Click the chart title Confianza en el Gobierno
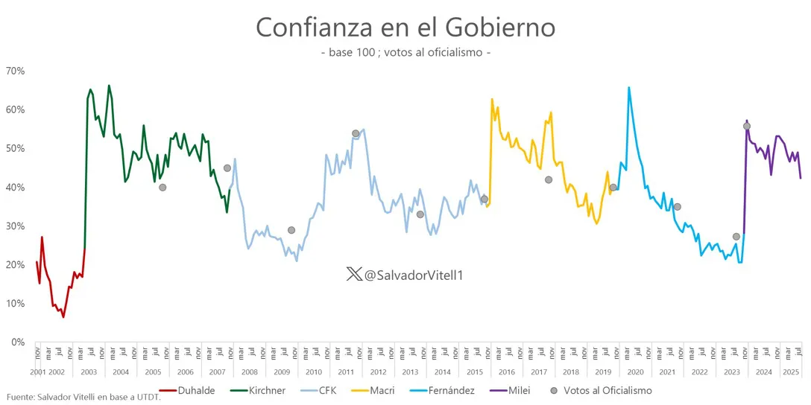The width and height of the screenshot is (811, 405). (x=405, y=28)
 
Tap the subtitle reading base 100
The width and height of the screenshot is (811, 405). (x=405, y=53)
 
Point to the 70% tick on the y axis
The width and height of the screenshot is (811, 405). (x=16, y=71)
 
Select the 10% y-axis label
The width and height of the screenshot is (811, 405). (x=16, y=304)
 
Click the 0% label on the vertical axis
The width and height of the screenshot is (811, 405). (x=18, y=342)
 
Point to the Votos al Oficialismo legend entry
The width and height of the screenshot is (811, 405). (x=608, y=390)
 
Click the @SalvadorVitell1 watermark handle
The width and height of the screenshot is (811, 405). (x=414, y=275)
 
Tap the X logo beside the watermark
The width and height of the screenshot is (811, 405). (x=354, y=275)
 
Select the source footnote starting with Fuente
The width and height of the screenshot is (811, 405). (x=83, y=397)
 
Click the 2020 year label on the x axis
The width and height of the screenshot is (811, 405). (x=636, y=371)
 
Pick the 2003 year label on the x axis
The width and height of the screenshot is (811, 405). (x=89, y=371)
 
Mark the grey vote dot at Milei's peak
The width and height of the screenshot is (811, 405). (x=747, y=127)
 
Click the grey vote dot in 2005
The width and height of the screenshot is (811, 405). (x=162, y=188)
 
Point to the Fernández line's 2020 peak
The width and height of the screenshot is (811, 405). (x=628, y=88)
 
